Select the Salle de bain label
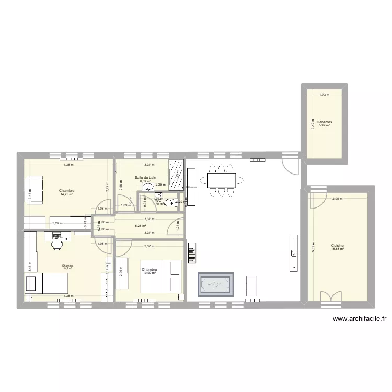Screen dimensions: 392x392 tap(145, 178)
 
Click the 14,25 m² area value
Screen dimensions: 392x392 tap(66, 194)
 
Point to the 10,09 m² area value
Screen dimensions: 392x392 tap(149, 273)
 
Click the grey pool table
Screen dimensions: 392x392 tap(215, 284)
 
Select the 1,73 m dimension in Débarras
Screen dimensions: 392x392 tap(325, 95)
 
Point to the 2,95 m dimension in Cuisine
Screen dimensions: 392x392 tap(337, 199)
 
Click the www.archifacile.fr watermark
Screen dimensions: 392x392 tap(359, 319)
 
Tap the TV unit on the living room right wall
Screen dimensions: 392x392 tap(293, 253)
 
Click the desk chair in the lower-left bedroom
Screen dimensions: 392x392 tap(55, 244)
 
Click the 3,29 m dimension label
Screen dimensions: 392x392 tap(56, 224)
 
